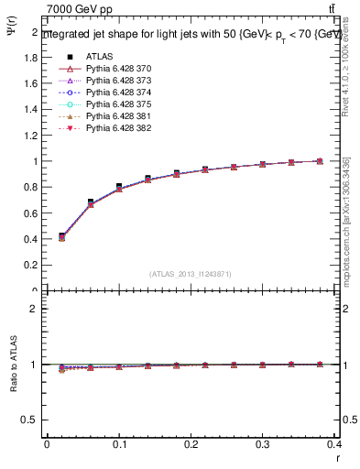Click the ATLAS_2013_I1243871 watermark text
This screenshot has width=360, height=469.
click(x=190, y=274)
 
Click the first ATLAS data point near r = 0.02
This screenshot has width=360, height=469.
click(x=61, y=235)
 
